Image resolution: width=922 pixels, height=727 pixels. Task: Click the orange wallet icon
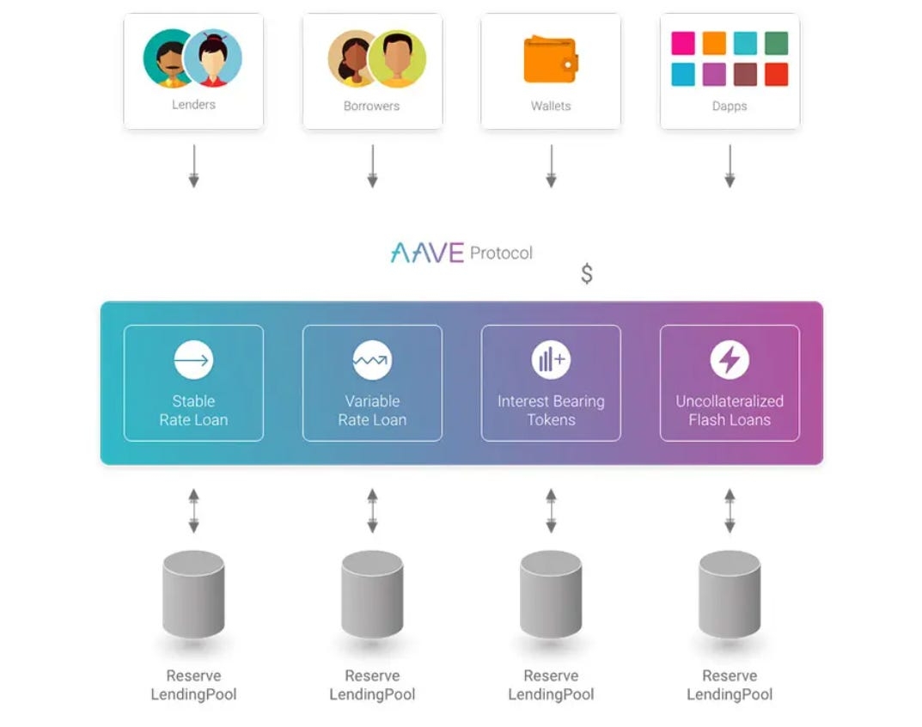click(x=550, y=59)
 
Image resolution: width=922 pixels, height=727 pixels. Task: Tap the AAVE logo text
click(x=427, y=253)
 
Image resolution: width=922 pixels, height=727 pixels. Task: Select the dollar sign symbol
click(x=587, y=274)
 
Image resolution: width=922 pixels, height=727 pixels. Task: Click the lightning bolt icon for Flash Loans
click(x=730, y=360)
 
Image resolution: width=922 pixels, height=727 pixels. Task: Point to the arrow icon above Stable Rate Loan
click(x=193, y=360)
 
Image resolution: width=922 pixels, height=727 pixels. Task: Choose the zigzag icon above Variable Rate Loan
click(x=372, y=360)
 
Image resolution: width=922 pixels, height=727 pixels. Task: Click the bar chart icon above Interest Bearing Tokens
click(x=551, y=360)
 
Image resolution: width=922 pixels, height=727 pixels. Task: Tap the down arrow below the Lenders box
click(x=193, y=166)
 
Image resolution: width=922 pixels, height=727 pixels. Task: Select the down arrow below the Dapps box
click(x=730, y=166)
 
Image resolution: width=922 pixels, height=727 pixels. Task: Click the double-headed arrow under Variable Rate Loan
click(x=372, y=510)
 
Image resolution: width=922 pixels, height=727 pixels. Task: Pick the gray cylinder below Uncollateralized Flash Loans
click(x=730, y=594)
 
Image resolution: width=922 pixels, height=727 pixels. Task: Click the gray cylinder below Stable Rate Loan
click(x=193, y=594)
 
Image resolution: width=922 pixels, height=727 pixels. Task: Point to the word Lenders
click(x=193, y=105)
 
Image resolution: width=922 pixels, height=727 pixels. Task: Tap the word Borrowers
click(x=371, y=107)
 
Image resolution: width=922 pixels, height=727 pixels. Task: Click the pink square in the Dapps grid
click(x=683, y=43)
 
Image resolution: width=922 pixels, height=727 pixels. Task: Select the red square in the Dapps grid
click(x=776, y=75)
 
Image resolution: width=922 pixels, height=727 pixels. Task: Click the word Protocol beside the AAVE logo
click(x=501, y=254)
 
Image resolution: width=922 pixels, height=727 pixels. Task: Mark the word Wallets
click(x=551, y=107)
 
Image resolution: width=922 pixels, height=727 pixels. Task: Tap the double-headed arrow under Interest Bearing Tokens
click(x=551, y=510)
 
